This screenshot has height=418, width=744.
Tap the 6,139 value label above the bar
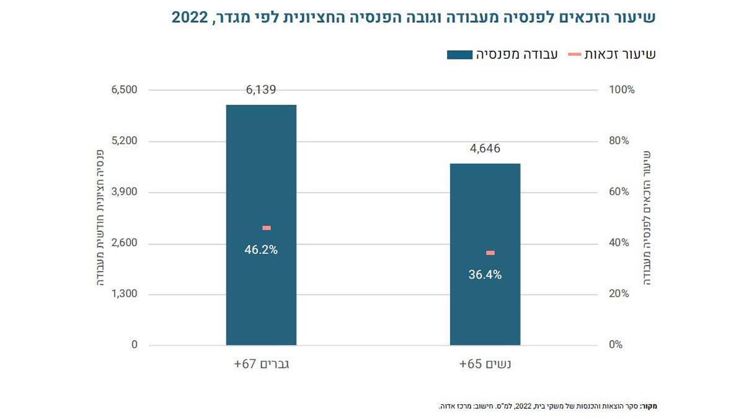coord(261,90)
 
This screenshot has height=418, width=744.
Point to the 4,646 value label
coord(485,149)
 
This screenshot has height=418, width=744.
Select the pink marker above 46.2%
coord(267,228)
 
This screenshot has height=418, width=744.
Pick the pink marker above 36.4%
coord(490,253)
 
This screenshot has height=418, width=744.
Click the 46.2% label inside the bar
coord(261,250)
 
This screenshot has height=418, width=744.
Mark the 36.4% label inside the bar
coord(485,275)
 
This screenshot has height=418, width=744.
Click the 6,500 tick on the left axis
coord(125,90)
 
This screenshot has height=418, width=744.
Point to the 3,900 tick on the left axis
coord(125,192)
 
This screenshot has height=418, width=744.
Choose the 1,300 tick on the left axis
coord(125,294)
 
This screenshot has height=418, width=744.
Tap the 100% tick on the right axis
coord(622,90)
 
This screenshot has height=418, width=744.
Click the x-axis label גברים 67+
coord(262,364)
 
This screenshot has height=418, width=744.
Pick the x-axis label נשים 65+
coord(485,364)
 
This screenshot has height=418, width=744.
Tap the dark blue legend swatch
coord(459,55)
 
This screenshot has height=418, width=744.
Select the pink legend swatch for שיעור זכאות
coord(574,55)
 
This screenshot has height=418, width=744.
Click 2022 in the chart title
coord(191,17)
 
